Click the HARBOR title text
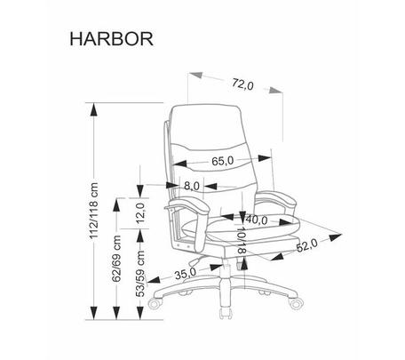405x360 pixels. point(112,39)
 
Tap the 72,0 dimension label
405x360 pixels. point(242,84)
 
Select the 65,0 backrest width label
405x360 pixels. point(223,161)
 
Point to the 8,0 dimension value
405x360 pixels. point(192,186)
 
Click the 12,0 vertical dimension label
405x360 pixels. point(140,212)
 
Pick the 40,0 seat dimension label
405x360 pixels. point(257,220)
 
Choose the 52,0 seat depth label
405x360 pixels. point(306,245)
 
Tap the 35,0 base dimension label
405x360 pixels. point(186,274)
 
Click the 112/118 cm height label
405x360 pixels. point(94,211)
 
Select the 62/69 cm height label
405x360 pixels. point(117,259)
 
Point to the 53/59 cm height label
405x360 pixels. point(140,274)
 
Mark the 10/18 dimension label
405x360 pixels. point(242,240)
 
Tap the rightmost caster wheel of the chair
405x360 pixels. point(296,303)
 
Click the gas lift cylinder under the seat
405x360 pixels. point(225,282)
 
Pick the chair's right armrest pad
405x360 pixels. point(276,199)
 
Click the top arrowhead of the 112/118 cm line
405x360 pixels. point(94,109)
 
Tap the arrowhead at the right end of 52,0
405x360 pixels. point(336,236)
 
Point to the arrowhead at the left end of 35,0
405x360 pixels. point(154,280)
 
